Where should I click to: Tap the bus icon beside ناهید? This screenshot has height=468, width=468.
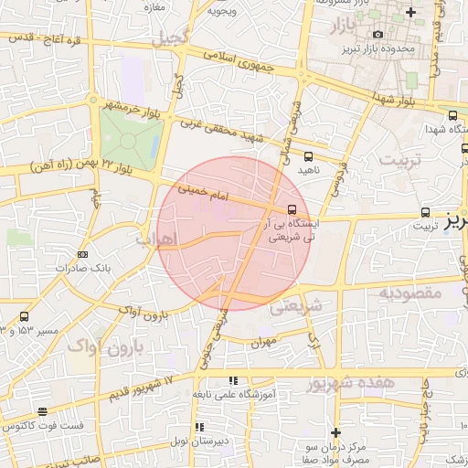(x=308, y=156)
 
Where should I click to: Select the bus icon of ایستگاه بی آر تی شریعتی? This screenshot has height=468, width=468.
(x=292, y=209)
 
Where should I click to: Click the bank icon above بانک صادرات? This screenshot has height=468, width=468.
(x=83, y=255)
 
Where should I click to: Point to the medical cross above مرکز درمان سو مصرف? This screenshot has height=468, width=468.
(x=335, y=431)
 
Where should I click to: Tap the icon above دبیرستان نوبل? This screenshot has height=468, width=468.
(x=198, y=427)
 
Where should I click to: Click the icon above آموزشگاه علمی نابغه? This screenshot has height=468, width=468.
(x=233, y=380)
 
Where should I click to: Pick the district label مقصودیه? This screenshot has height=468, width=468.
(x=410, y=293)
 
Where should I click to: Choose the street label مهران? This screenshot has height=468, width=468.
(x=262, y=341)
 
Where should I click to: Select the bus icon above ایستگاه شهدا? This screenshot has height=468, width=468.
(x=453, y=115)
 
